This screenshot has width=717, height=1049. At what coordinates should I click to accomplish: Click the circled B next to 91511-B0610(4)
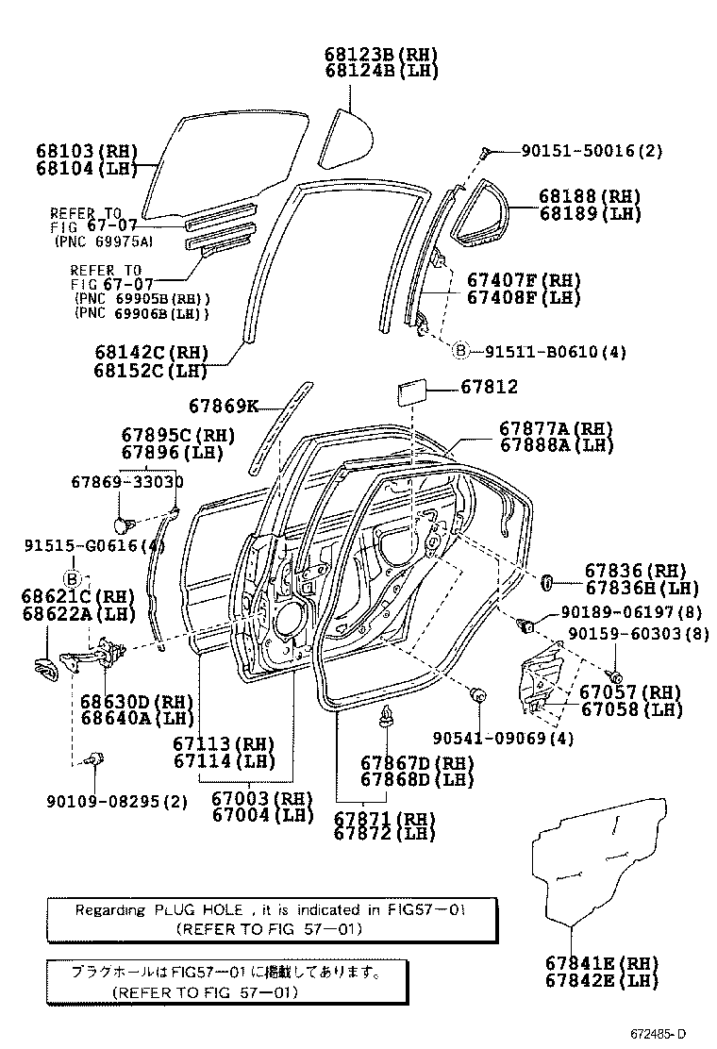click(460, 352)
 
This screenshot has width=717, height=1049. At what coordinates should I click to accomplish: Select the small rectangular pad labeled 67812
click(411, 391)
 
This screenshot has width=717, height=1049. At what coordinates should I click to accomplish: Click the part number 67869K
click(223, 406)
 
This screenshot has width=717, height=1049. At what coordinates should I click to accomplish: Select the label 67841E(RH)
click(601, 963)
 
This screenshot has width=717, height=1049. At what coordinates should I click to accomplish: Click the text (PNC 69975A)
click(104, 241)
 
